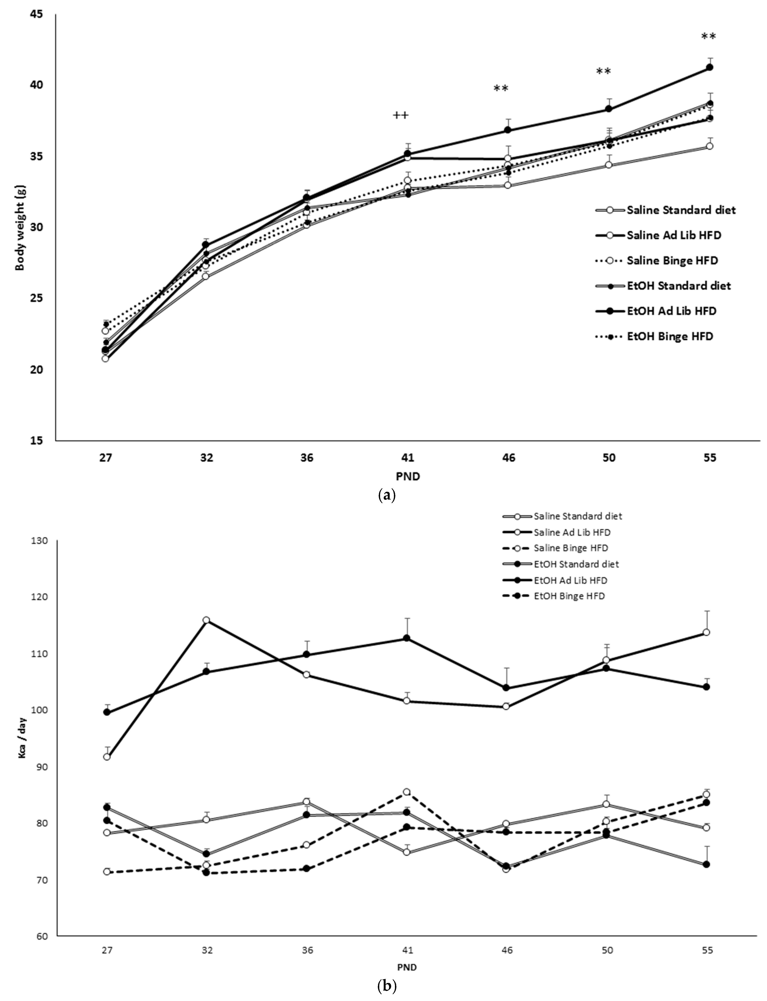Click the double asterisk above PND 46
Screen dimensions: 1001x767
coord(501,88)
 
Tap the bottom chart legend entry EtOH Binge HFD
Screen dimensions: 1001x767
coord(569,596)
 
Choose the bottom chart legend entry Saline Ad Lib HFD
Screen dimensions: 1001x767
coord(572,532)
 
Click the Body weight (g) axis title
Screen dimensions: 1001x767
coord(20,227)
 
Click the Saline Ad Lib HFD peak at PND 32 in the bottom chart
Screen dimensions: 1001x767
coord(206,620)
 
